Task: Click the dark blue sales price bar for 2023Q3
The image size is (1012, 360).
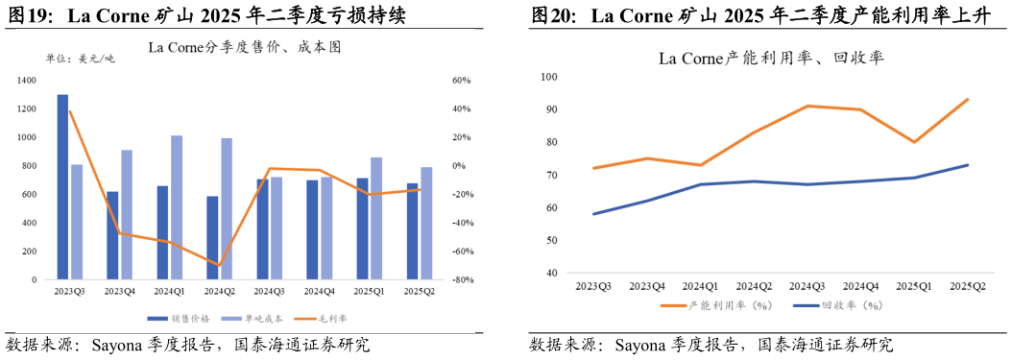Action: [62, 187]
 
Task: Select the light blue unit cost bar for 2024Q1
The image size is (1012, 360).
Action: [177, 207]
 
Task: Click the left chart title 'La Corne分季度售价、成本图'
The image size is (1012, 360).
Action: [245, 47]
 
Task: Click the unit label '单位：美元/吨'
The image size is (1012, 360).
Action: [80, 60]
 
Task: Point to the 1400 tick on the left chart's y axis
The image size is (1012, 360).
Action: [28, 81]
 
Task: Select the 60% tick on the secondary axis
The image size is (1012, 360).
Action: [458, 81]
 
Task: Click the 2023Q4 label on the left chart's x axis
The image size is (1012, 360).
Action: [120, 291]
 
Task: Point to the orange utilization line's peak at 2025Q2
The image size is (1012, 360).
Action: [967, 99]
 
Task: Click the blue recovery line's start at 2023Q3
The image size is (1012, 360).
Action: [593, 214]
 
